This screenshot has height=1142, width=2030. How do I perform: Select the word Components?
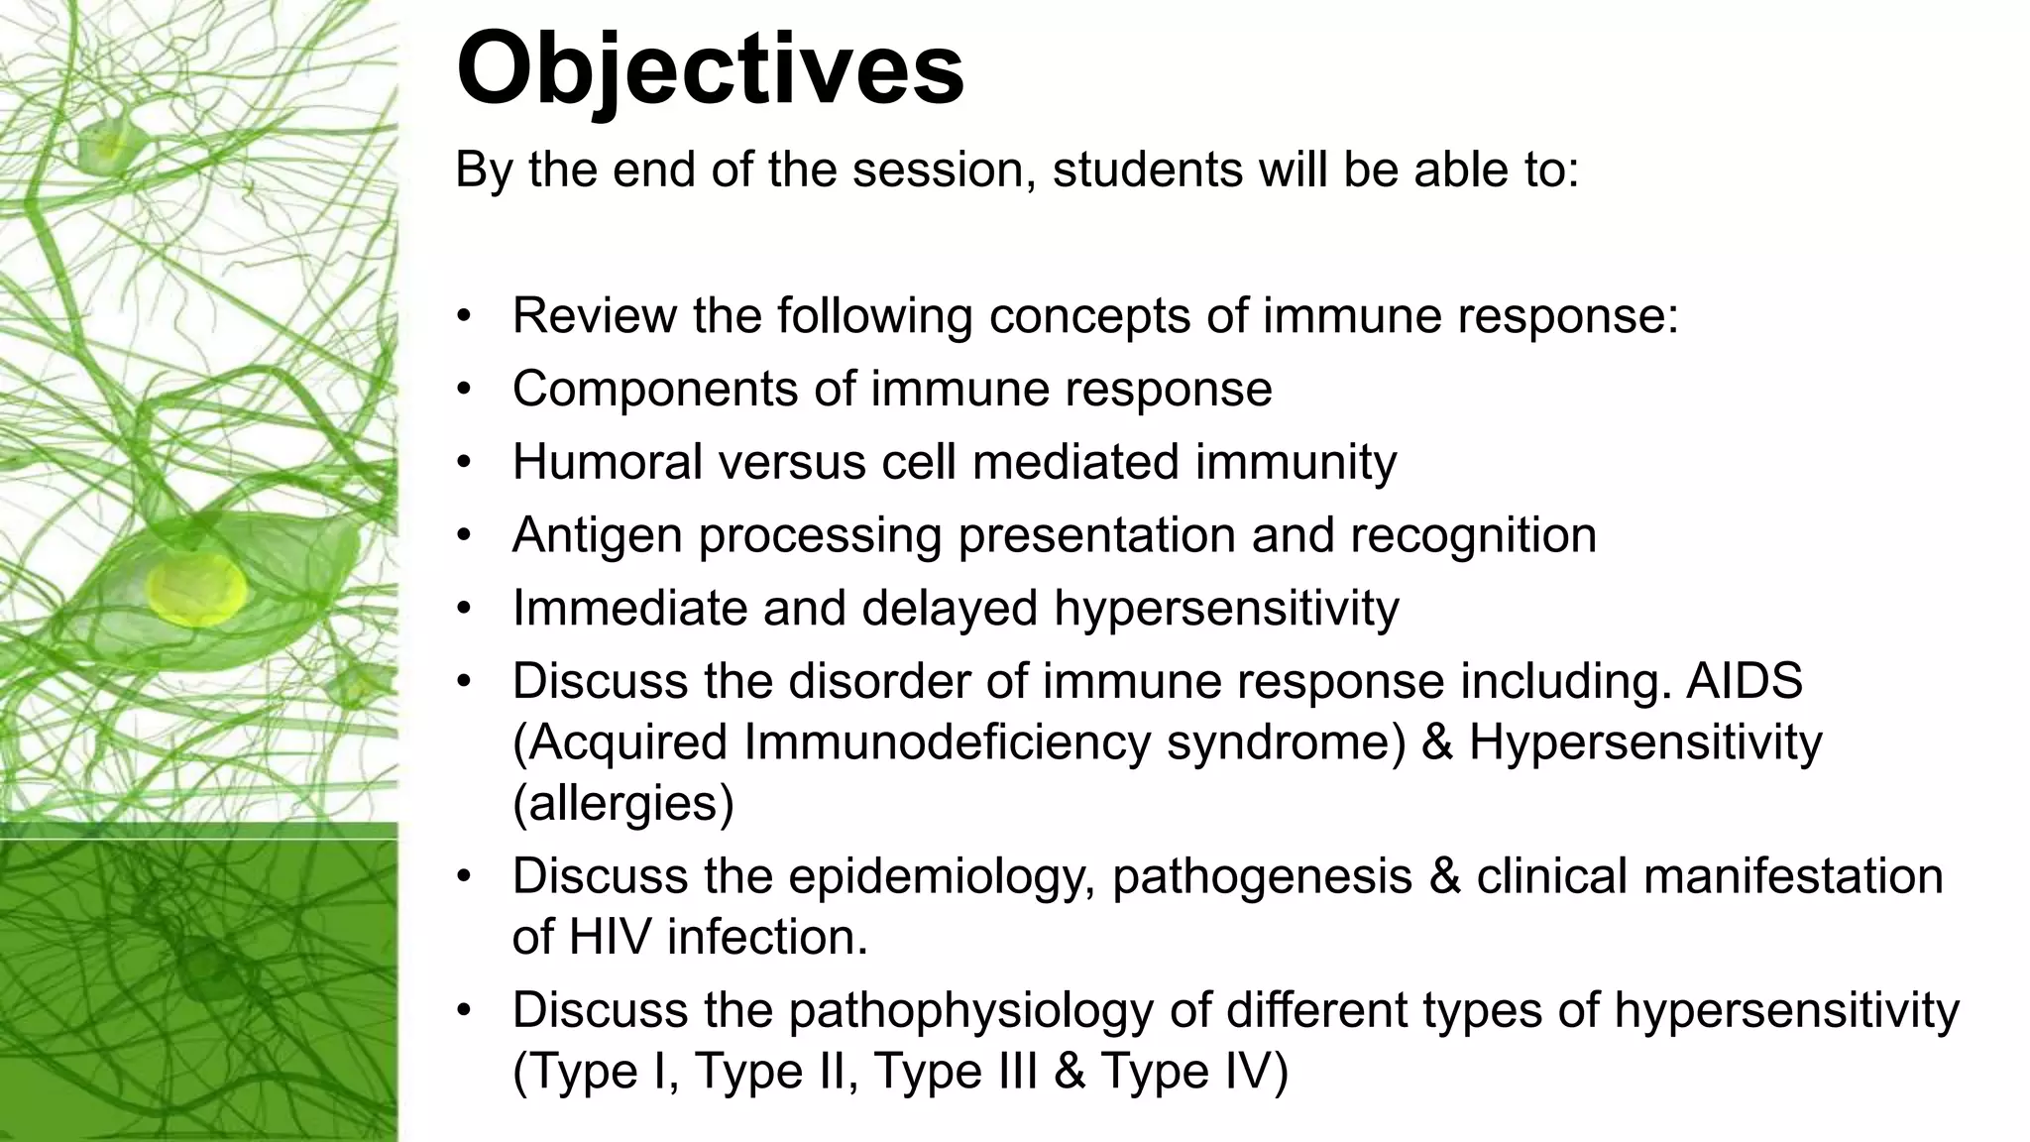point(655,390)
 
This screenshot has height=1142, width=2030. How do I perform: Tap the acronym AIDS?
point(1744,682)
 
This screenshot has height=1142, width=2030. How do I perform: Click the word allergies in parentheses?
point(623,804)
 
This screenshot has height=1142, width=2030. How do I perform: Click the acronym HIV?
point(609,938)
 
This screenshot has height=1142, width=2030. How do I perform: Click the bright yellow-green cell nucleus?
point(196,592)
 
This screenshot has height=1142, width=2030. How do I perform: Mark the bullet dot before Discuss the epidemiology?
point(463,877)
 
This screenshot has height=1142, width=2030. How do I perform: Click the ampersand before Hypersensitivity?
point(1436,743)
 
